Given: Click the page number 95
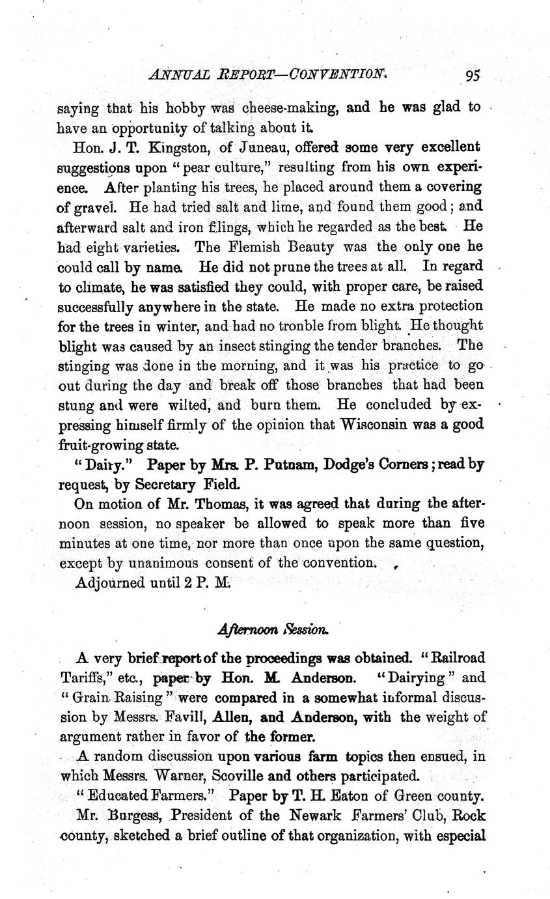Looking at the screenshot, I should [473, 75].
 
